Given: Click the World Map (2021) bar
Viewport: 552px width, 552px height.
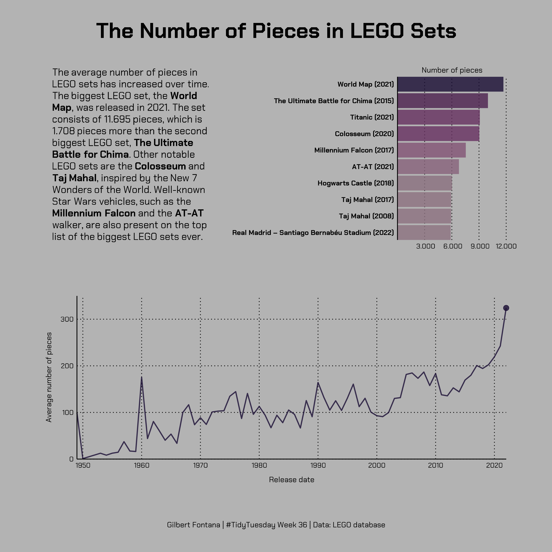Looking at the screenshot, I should pyautogui.click(x=450, y=84).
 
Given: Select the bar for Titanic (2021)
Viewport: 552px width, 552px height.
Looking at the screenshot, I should pyautogui.click(x=438, y=117).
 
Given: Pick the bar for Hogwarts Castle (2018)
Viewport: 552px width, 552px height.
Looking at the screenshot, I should pyautogui.click(x=425, y=183).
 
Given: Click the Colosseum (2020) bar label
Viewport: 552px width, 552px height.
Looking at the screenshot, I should pyautogui.click(x=364, y=134).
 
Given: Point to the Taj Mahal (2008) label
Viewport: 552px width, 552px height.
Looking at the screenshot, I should pyautogui.click(x=366, y=216).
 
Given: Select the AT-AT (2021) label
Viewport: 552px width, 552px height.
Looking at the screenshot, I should pyautogui.click(x=373, y=167).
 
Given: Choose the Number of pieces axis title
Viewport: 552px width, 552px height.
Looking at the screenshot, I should pyautogui.click(x=452, y=70).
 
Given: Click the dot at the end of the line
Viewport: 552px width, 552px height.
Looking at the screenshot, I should pyautogui.click(x=506, y=308).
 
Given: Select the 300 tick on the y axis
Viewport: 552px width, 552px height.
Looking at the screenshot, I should pyautogui.click(x=67, y=319).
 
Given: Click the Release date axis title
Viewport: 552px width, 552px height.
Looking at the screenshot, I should pyautogui.click(x=291, y=480).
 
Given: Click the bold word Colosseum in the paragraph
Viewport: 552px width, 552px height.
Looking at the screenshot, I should pyautogui.click(x=160, y=166).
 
